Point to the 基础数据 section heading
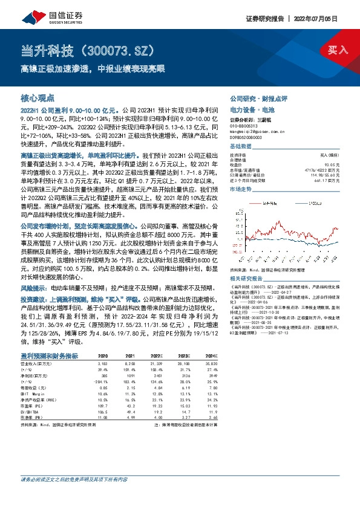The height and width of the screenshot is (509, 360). (x=241, y=147)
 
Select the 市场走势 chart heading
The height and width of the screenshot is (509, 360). (x=241, y=190)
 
